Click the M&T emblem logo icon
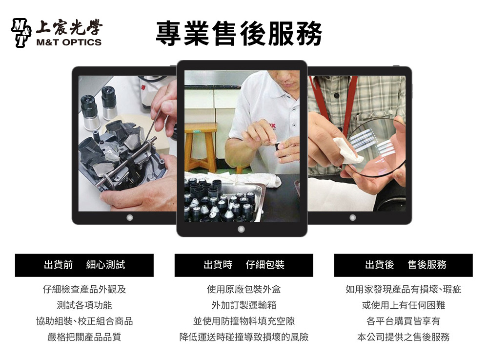click(21, 33)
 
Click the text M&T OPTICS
click(69, 42)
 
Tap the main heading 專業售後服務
click(239, 34)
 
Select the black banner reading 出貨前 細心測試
click(84, 265)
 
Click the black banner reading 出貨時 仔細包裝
click(244, 265)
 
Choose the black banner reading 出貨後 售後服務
click(404, 265)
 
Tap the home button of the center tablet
click(241, 229)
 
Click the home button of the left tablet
click(130, 217)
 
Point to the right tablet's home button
click(353, 217)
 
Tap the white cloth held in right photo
click(347, 150)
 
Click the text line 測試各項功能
click(84, 305)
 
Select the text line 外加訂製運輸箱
click(244, 305)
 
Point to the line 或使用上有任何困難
click(404, 305)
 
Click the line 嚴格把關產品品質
click(84, 337)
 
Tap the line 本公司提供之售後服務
click(404, 337)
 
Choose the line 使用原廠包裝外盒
click(244, 289)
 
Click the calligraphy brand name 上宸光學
click(69, 28)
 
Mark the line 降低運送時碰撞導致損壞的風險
click(244, 337)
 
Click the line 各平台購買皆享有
click(404, 321)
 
